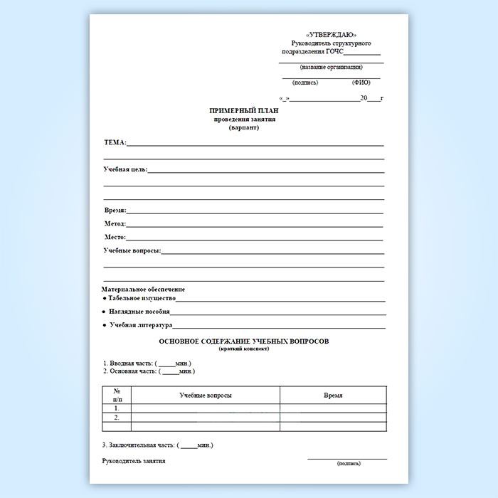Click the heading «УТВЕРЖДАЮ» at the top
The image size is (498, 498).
tap(331, 36)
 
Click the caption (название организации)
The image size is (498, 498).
tap(331, 68)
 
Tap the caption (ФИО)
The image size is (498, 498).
tap(361, 83)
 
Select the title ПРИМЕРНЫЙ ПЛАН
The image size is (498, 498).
tap(244, 111)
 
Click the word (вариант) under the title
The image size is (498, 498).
tap(244, 127)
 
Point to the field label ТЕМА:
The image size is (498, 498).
tap(115, 142)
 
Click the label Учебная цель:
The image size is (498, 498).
tap(125, 169)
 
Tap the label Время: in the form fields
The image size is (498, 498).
tap(115, 211)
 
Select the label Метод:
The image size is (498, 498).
tap(115, 223)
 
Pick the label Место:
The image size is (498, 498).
tap(115, 237)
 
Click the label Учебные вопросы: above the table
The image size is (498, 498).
tap(132, 250)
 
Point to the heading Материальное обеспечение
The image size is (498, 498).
tap(144, 290)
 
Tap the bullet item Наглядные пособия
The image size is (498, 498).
tap(139, 312)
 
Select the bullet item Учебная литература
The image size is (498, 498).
tap(141, 325)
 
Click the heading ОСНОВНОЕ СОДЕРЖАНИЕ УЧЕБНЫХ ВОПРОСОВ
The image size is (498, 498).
tap(244, 341)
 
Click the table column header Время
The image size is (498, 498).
tap(333, 395)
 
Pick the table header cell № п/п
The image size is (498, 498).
tap(117, 395)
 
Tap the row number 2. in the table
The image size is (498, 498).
tap(117, 418)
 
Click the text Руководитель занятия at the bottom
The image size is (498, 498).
tap(134, 461)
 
